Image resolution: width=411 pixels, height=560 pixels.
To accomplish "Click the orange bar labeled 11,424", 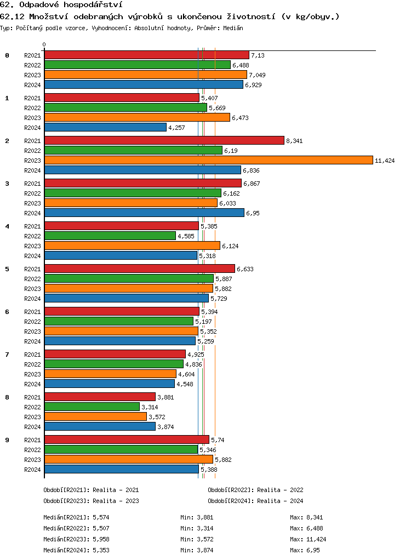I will (x=208, y=160).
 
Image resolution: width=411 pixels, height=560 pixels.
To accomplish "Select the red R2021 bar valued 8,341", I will (x=164, y=140).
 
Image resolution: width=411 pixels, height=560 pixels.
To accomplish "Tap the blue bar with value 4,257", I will (x=105, y=127).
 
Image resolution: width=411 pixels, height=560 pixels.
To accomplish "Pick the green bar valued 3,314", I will (x=92, y=407).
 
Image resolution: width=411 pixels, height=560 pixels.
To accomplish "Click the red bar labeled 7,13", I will (x=146, y=55).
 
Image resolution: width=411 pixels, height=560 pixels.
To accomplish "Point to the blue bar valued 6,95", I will (x=144, y=213).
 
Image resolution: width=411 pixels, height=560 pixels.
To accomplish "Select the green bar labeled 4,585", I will (x=110, y=236).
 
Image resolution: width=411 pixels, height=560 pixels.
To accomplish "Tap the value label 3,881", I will (x=165, y=397).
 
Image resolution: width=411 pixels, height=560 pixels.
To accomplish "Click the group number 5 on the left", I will (x=7, y=269).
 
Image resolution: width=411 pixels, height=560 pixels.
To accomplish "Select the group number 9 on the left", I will (x=7, y=440).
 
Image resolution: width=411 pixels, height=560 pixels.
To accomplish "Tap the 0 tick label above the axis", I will (x=44, y=45).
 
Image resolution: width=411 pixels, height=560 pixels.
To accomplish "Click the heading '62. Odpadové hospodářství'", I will (x=61, y=5).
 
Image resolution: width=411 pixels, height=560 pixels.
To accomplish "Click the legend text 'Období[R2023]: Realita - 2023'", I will (x=91, y=501).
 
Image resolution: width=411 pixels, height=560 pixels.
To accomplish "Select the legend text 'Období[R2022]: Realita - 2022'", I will (x=255, y=490).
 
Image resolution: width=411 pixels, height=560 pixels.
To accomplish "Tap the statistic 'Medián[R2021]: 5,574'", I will (x=77, y=517).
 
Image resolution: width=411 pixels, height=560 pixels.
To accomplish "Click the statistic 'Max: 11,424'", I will (x=308, y=539).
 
